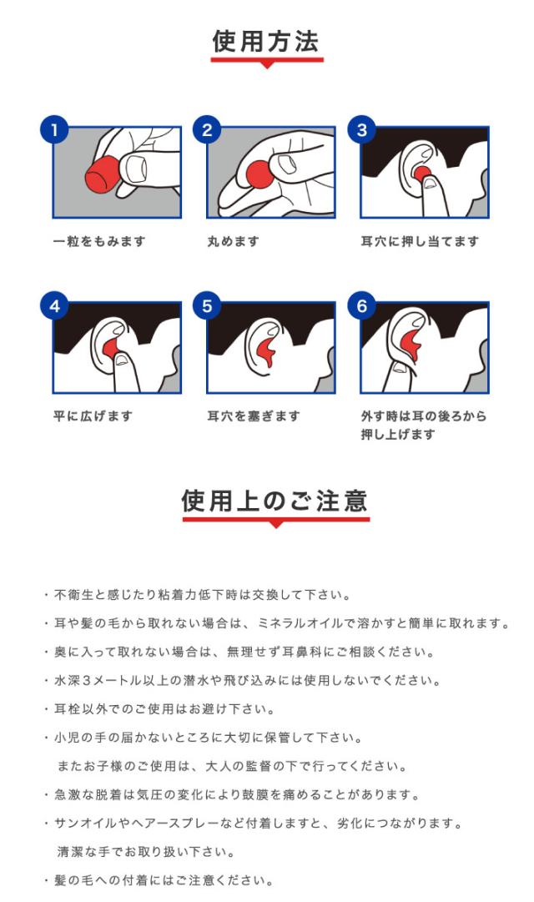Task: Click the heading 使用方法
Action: [265, 42]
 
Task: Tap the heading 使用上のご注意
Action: [275, 501]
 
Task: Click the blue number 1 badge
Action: [54, 130]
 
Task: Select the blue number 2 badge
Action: [207, 130]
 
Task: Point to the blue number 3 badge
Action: [361, 130]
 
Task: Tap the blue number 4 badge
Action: [54, 306]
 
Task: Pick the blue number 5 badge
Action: [207, 306]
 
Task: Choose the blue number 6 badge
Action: [361, 306]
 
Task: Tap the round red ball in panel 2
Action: [259, 174]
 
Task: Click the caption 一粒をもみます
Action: [99, 242]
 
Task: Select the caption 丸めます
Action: [233, 242]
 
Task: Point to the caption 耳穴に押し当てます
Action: [420, 242]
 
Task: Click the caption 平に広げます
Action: [93, 416]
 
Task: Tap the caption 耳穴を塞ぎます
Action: [254, 416]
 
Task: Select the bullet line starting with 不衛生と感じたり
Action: [197, 595]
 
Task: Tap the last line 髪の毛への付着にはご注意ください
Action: [159, 880]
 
